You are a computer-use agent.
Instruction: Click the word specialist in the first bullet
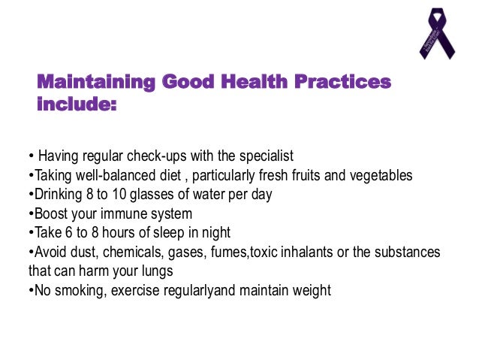[x=266, y=156]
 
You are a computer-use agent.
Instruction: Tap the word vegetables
[x=380, y=175]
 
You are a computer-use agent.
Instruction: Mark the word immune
[x=122, y=213]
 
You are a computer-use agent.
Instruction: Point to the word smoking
[x=74, y=290]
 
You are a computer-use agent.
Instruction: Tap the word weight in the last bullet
[x=312, y=290]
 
